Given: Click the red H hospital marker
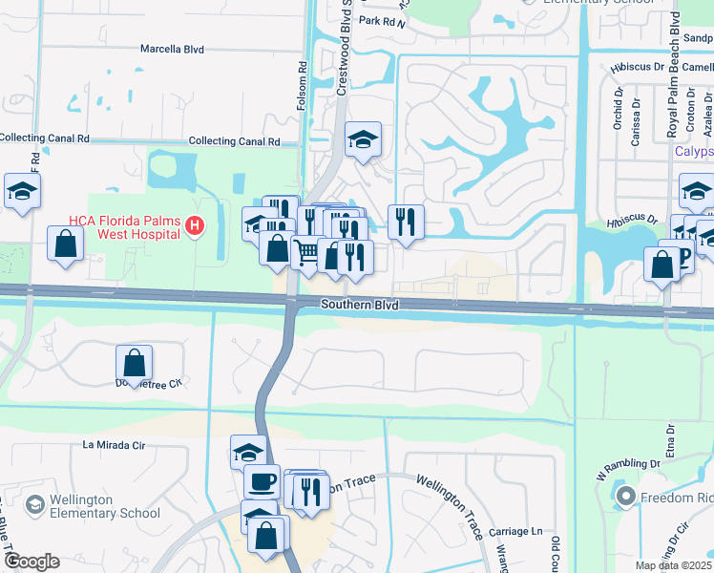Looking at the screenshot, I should click(x=195, y=226).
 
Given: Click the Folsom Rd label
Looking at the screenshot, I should click(x=303, y=87).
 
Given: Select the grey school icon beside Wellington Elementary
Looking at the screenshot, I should click(x=35, y=503).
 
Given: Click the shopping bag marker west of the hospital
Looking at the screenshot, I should click(x=65, y=243).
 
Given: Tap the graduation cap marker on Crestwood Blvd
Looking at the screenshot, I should click(x=363, y=139).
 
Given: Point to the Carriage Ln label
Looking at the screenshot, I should click(x=515, y=531).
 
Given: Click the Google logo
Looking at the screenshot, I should click(x=31, y=562).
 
